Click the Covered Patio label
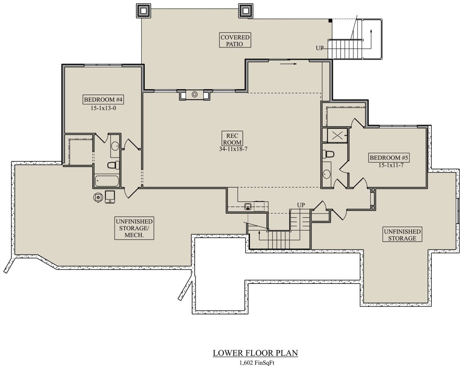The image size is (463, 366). pos(235,40)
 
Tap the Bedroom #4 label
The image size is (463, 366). pos(103,100)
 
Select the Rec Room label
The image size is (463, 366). pos(232,139)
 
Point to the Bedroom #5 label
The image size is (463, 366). pos(389,158)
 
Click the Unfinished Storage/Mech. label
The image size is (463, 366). pos(134,228)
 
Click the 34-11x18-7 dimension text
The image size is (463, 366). pos(233,149)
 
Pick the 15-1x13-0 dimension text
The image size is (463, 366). pos(103,108)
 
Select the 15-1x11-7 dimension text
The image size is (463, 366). pos(391,165)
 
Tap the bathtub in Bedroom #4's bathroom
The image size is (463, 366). pos(107,181)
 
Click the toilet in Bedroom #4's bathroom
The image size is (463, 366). pos(113,165)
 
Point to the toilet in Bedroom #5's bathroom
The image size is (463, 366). pos(328,154)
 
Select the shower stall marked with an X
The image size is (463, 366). pos(337,135)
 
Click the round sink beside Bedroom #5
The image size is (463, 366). pos(326,174)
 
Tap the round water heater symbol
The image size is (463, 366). pos(98,197)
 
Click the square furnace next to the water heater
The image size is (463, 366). pos(110,197)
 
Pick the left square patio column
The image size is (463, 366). pos(144,10)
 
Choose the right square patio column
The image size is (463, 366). pos(246,10)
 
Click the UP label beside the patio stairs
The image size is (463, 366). pos(320,48)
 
